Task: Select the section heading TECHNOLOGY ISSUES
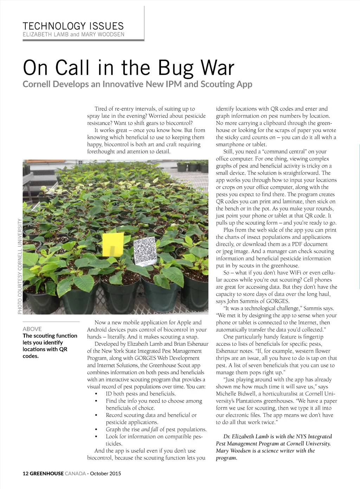(x=73, y=26)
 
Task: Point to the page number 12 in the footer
(x=25, y=474)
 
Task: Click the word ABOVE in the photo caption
(x=32, y=329)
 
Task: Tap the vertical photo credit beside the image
(x=20, y=266)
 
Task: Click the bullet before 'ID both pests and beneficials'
(x=96, y=394)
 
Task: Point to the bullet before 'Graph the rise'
(x=96, y=430)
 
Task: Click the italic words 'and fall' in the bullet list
(x=150, y=430)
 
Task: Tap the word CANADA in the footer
(x=75, y=474)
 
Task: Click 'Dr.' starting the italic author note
(x=227, y=437)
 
